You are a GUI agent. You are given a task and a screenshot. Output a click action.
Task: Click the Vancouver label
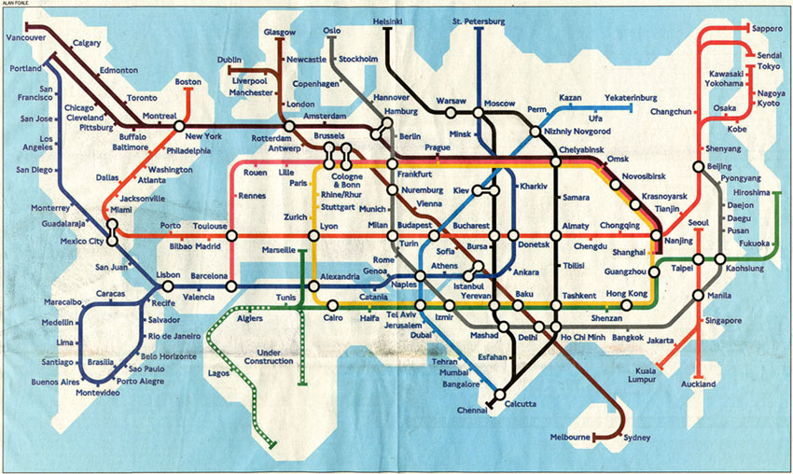tap(26, 37)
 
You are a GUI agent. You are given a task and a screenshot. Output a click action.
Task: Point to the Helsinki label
tap(387, 21)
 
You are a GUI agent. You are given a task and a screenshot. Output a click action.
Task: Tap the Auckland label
tap(698, 384)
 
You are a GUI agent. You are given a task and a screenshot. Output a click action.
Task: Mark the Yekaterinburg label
tap(631, 98)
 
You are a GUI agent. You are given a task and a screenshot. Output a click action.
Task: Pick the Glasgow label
tap(279, 32)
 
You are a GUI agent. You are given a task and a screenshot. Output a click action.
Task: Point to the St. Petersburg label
tap(478, 21)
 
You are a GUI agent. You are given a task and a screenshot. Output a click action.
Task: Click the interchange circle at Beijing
tap(698, 167)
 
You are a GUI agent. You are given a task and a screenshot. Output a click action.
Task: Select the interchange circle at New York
tap(179, 127)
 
